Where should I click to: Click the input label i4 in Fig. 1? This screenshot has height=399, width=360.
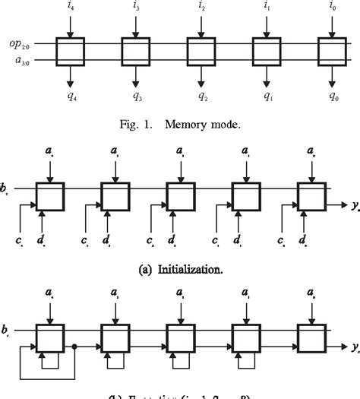pyautogui.click(x=70, y=8)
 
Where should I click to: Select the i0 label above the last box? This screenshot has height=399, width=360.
pyautogui.click(x=331, y=8)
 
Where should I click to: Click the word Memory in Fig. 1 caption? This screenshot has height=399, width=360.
pyautogui.click(x=188, y=122)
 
